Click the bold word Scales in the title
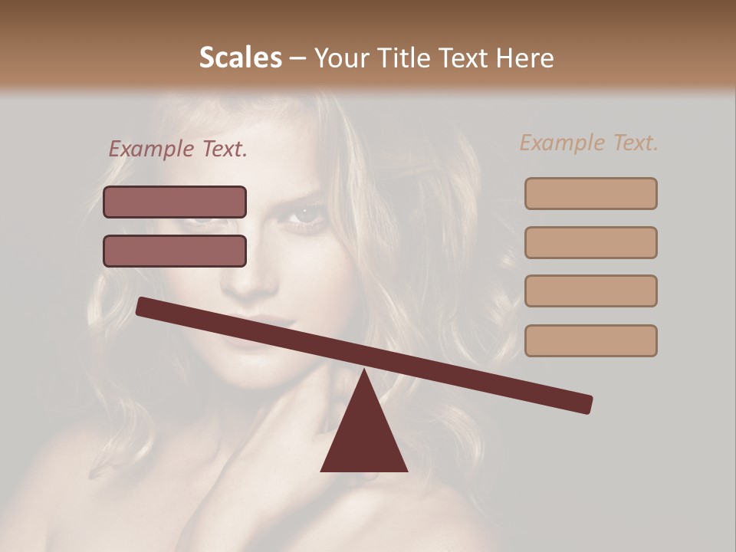[x=240, y=58]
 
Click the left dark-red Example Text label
[x=178, y=149]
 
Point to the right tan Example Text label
[x=589, y=143]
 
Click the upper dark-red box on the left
[x=175, y=202]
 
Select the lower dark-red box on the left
[x=175, y=251]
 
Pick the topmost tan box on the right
[x=590, y=194]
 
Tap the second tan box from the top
[x=590, y=242]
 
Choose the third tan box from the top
[x=590, y=291]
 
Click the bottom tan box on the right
[x=590, y=340]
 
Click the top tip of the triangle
[x=364, y=370]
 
